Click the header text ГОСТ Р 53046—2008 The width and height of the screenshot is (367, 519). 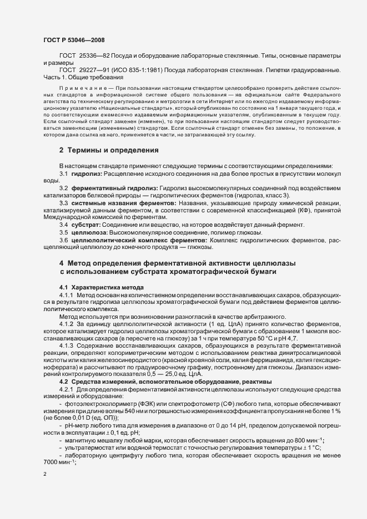[73, 40]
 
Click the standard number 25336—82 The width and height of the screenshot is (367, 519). [96, 57]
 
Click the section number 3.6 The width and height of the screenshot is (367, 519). [64, 241]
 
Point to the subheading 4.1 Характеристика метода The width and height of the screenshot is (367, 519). [102, 287]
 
